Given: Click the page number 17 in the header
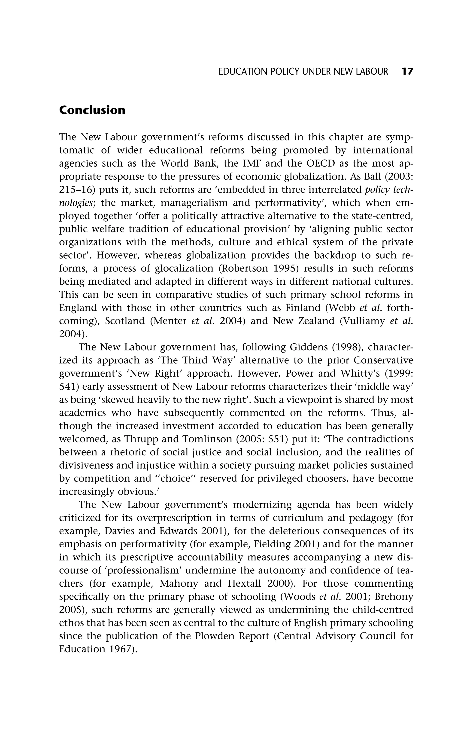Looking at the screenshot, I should coord(407,72).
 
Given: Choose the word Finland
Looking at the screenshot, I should coord(303,308).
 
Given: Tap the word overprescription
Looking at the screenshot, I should coord(177,518).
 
